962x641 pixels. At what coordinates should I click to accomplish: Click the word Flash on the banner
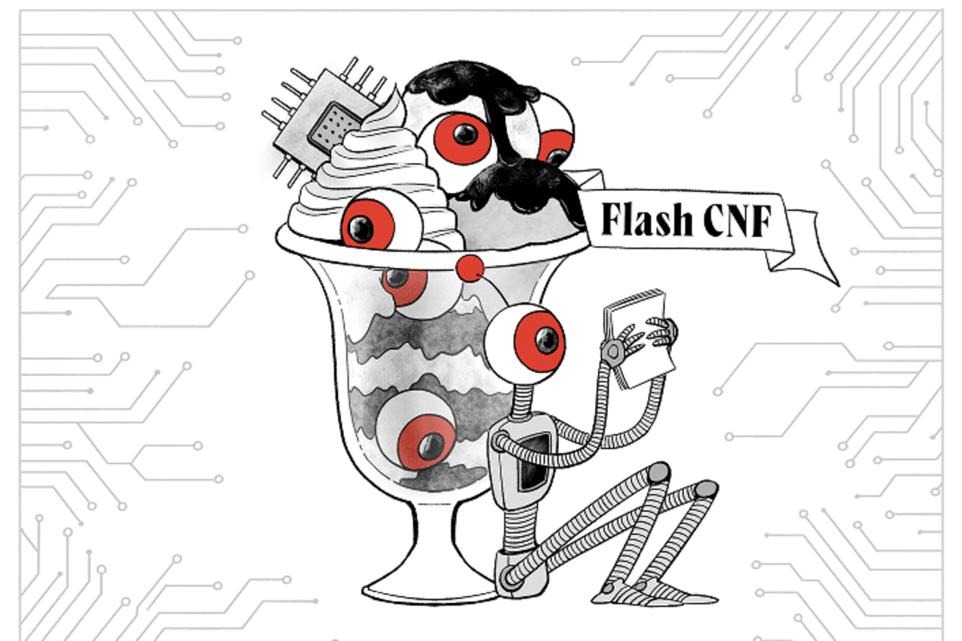click(x=645, y=220)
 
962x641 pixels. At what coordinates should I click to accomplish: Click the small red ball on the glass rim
click(x=469, y=269)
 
